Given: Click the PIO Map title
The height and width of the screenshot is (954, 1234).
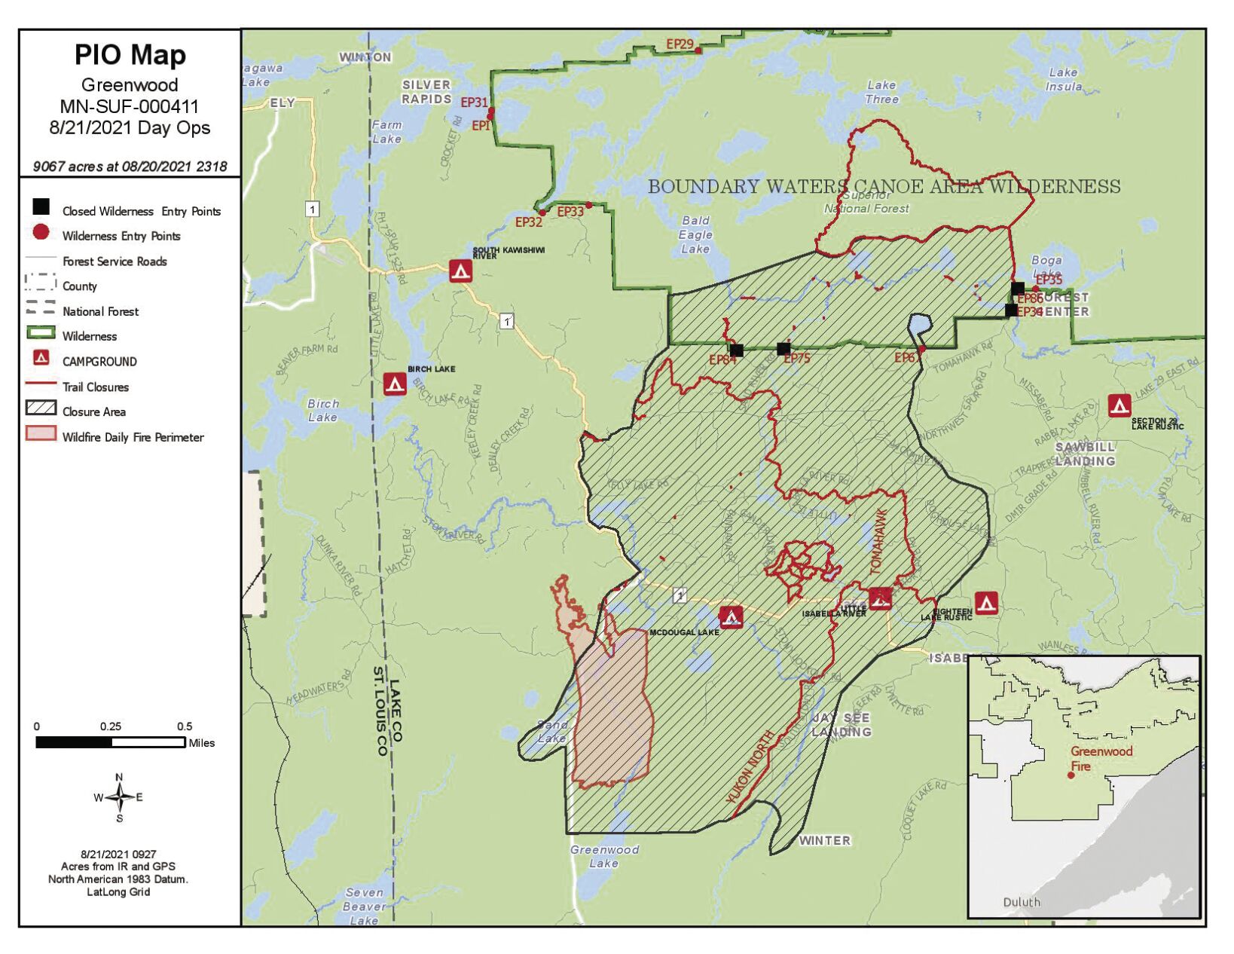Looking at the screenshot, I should click(x=130, y=55).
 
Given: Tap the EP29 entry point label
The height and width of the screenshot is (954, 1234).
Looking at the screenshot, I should click(x=680, y=44).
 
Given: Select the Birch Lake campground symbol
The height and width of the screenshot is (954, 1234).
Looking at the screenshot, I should click(x=395, y=384).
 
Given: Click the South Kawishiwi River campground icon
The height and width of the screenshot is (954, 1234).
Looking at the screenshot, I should click(x=460, y=271).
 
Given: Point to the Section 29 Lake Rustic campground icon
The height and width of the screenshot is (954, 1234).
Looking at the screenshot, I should click(x=1119, y=406).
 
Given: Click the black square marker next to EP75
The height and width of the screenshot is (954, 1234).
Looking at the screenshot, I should click(x=783, y=349).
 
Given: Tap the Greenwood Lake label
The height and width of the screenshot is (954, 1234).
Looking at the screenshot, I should click(x=604, y=856).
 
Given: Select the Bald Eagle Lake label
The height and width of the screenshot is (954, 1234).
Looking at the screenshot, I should click(x=695, y=234).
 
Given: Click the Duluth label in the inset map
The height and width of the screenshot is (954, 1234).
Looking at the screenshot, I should click(x=1022, y=902).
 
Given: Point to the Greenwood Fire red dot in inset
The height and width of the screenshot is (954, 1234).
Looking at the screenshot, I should click(x=1071, y=775).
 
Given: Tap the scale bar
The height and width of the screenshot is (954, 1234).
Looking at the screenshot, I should click(x=111, y=743).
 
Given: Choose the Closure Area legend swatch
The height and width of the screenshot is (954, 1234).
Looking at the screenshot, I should click(x=41, y=408).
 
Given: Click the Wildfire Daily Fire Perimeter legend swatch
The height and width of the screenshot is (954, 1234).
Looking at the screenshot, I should click(x=41, y=433).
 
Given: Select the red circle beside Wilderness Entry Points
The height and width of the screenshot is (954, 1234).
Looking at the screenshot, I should click(x=41, y=233).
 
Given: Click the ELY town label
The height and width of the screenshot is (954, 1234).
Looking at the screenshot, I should click(x=282, y=103).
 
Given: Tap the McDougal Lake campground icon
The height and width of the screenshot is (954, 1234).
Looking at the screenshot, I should click(x=731, y=618).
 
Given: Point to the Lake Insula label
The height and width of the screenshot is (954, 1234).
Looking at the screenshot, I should click(x=1063, y=79).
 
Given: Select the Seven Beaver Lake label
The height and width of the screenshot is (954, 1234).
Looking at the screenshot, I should click(x=364, y=906).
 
